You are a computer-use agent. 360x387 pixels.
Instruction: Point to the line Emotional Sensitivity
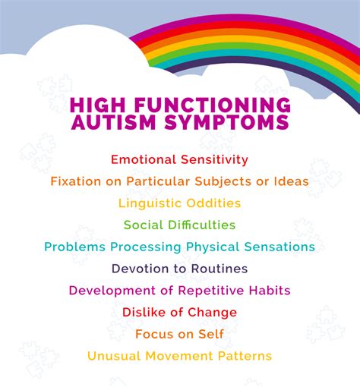[x=179, y=159]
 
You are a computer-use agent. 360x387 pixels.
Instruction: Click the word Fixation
[x=76, y=181]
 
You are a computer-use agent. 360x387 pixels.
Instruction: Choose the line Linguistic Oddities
[x=179, y=203]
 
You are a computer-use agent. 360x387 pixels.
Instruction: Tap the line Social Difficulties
[x=179, y=225]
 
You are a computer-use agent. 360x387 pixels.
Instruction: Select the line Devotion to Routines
[x=179, y=269]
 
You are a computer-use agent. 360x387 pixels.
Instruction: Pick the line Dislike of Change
[x=179, y=312]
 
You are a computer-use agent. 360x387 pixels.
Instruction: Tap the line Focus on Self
[x=179, y=334]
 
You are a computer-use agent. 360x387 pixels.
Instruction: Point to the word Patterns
[x=245, y=356]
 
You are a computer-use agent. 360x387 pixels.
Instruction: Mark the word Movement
[x=179, y=356]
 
